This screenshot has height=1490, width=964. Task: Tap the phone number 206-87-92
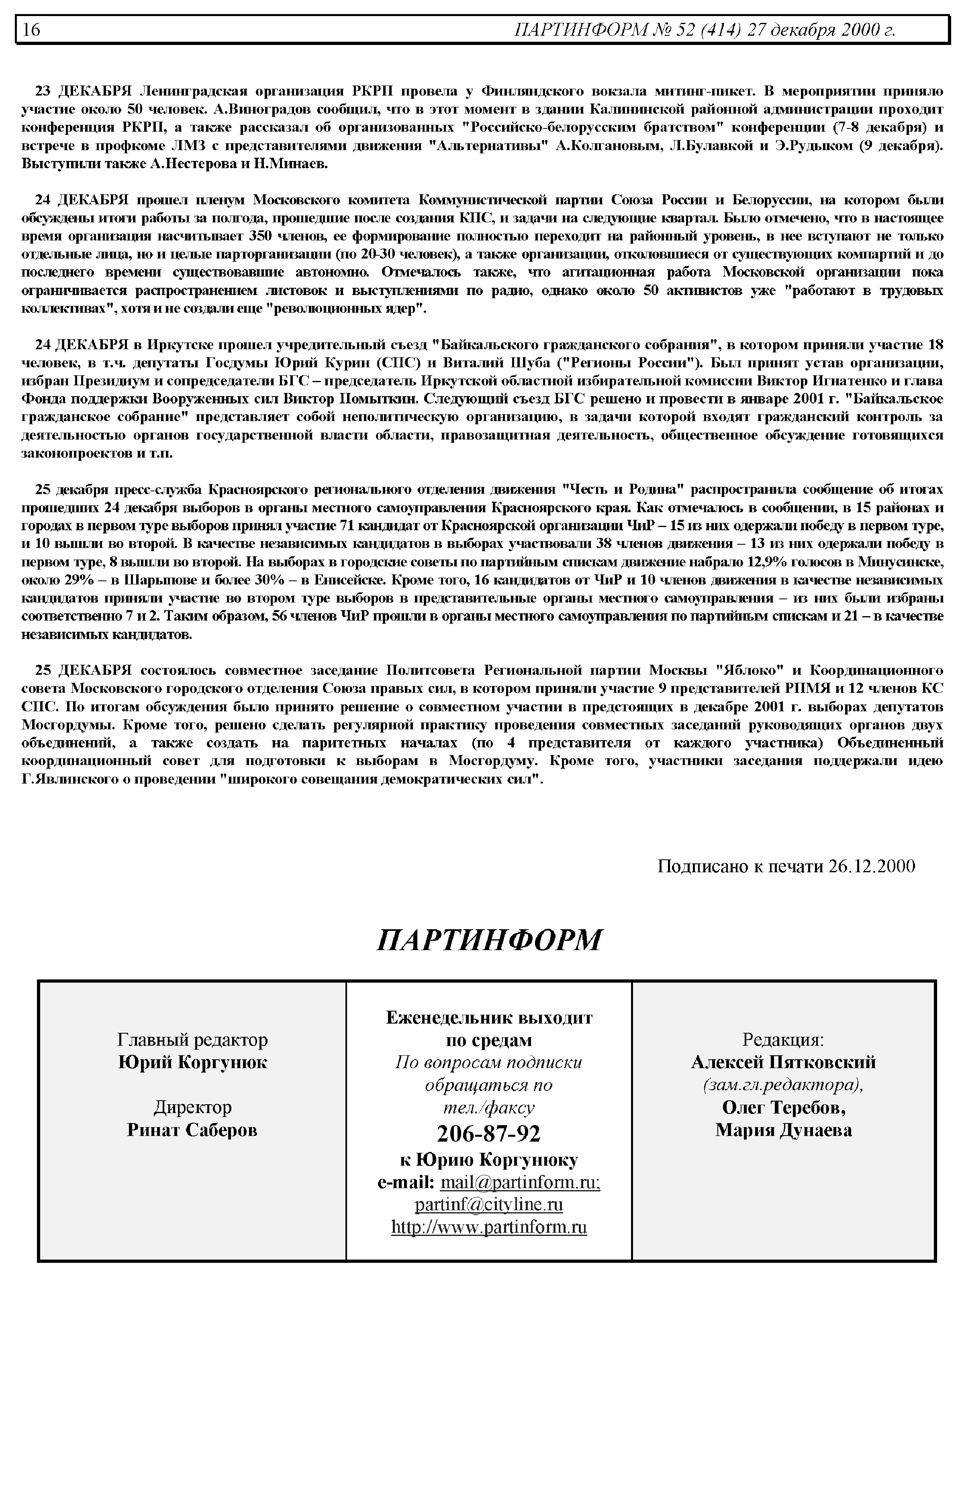(x=488, y=1134)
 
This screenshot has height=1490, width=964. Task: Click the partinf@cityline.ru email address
(x=488, y=1204)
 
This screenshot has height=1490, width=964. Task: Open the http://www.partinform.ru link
(x=488, y=1227)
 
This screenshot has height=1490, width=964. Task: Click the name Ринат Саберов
(x=192, y=1130)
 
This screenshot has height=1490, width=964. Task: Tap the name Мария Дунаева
(x=783, y=1130)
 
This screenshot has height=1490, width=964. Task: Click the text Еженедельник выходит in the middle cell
(x=488, y=1018)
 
